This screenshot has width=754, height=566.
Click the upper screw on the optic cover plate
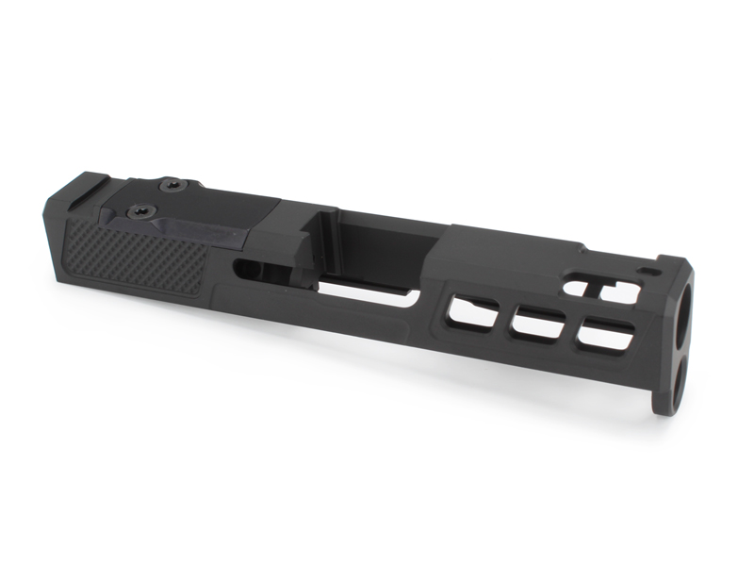pyautogui.click(x=172, y=186)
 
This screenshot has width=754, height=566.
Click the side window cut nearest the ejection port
pyautogui.click(x=474, y=311)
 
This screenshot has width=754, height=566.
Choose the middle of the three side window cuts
pyautogui.click(x=539, y=324)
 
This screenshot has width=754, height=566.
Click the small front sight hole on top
pyautogui.click(x=650, y=272)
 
